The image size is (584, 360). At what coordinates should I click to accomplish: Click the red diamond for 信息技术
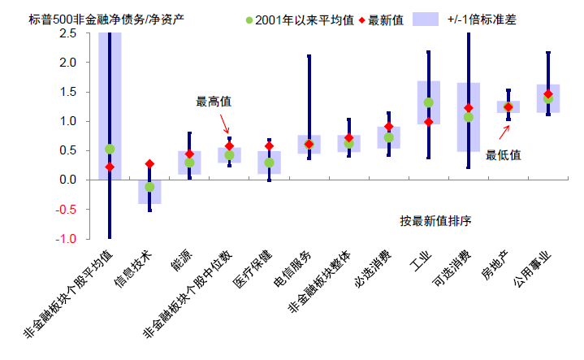click(149, 164)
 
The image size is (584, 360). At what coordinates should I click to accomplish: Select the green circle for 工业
click(428, 102)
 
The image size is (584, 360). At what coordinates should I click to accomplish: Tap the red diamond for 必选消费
click(388, 127)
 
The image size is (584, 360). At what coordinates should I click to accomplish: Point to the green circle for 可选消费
click(468, 117)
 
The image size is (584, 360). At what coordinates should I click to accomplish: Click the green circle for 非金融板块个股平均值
click(110, 149)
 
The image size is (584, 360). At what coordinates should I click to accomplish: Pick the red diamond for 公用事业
click(547, 94)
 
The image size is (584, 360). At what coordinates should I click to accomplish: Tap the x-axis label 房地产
click(497, 267)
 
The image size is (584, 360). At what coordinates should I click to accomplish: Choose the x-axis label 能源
click(182, 262)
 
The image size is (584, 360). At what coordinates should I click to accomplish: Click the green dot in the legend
click(249, 18)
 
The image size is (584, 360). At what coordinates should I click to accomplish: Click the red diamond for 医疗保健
click(269, 146)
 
